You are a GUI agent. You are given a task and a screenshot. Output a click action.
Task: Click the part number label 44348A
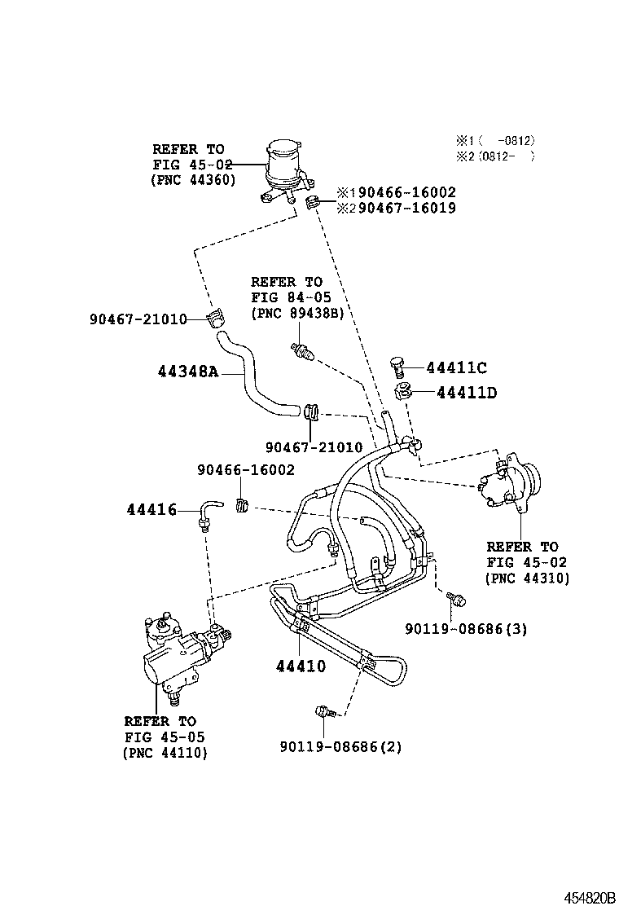coord(187,372)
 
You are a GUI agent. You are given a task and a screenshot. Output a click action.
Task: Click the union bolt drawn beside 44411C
coord(397,367)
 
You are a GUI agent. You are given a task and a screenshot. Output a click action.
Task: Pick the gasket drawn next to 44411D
coord(401,392)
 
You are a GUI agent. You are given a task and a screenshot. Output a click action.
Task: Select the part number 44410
coord(300,666)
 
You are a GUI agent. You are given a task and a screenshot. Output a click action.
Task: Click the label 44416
coord(151,510)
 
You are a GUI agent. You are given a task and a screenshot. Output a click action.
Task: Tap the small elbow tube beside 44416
coord(207,512)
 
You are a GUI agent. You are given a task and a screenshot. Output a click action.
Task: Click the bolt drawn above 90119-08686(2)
coord(324,712)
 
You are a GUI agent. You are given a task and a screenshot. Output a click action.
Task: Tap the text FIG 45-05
coord(165,737)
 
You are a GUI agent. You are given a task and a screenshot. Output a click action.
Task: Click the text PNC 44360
coord(193,179)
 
